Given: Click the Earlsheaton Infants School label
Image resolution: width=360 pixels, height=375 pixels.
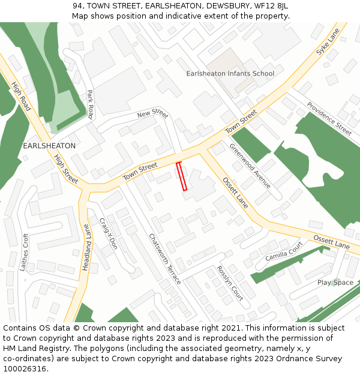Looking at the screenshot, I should [x=230, y=74].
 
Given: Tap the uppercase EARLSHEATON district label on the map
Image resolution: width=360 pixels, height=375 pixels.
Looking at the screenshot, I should [x=49, y=146].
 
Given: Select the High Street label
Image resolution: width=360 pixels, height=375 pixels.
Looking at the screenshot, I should [x=66, y=169].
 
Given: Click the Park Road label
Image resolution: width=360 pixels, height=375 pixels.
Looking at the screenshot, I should [x=91, y=104].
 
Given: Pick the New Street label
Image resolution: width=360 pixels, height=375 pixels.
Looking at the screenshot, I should [x=152, y=113].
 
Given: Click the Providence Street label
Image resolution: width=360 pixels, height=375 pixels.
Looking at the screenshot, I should [x=329, y=119].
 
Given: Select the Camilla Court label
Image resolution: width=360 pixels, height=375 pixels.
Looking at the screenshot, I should [x=284, y=251].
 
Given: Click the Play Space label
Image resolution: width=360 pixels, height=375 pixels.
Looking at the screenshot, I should [x=335, y=283].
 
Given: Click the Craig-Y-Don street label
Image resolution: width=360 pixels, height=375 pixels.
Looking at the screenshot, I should [x=109, y=234].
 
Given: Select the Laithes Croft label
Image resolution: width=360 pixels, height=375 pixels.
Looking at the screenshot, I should [x=25, y=252].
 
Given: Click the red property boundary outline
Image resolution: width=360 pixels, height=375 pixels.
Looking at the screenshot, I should [x=181, y=176].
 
